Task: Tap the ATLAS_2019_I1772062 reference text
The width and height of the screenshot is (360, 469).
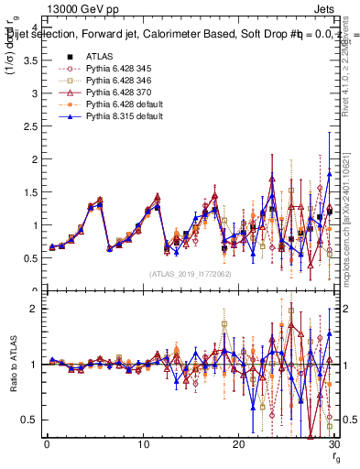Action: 190,274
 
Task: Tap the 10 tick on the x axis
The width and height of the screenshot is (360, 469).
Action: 143,444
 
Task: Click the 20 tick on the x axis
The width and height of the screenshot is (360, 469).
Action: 238,444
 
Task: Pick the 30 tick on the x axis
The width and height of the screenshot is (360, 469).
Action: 333,444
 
